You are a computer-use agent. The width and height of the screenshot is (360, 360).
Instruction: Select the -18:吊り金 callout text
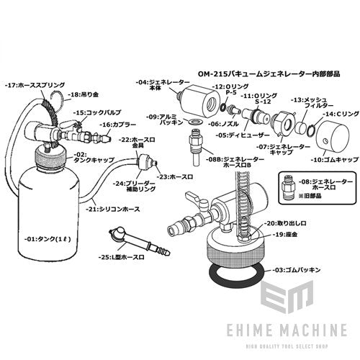pyautogui.click(x=85, y=94)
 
